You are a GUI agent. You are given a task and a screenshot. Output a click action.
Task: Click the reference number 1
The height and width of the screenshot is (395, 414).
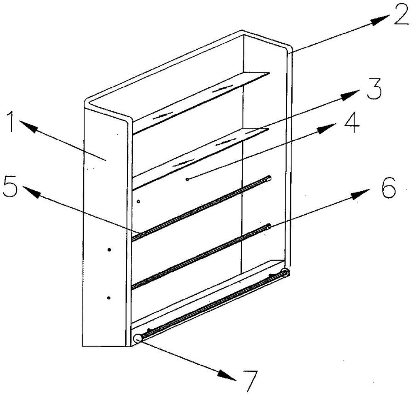point(11,122)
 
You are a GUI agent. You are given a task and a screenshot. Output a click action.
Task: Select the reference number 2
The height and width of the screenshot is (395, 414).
point(401,15)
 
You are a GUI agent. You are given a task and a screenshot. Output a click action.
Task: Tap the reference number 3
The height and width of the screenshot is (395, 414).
point(374,89)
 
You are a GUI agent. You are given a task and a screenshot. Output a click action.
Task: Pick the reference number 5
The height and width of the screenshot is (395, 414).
point(10,186)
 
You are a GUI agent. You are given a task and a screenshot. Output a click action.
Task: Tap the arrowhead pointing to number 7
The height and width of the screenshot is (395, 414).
point(226,375)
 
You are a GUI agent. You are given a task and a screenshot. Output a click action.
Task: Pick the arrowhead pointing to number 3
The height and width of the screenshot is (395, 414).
point(350,95)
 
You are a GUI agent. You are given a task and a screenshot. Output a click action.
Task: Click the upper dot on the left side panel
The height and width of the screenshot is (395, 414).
point(109,249)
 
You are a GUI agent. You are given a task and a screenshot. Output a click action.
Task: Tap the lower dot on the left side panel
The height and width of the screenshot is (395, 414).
point(108,298)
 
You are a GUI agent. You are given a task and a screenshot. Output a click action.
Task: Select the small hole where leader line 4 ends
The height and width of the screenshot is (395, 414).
point(187,180)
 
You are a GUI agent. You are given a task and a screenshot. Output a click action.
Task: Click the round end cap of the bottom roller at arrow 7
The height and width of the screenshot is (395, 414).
point(138,338)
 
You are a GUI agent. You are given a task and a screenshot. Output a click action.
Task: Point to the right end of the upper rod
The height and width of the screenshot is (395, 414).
point(269,178)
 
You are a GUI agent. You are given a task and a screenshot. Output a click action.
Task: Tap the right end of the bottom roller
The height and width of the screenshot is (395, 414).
point(285,272)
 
